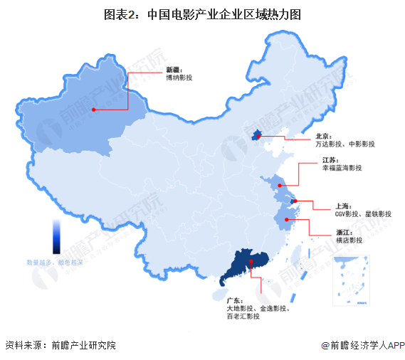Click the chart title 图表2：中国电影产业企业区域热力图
[x=202, y=14]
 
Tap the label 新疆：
[x=174, y=70]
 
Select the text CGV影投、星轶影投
[x=363, y=214]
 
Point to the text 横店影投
[x=349, y=240]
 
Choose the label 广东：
[x=234, y=300]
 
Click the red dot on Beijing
[x=260, y=134]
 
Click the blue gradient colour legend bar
[x=56, y=235]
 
